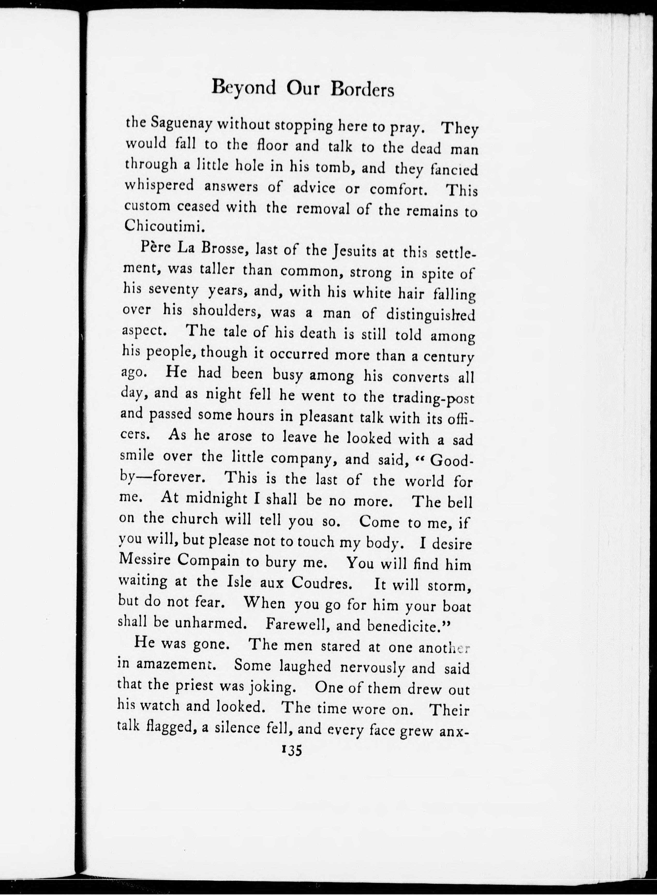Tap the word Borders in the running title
(x=362, y=90)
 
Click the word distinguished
(x=430, y=315)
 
